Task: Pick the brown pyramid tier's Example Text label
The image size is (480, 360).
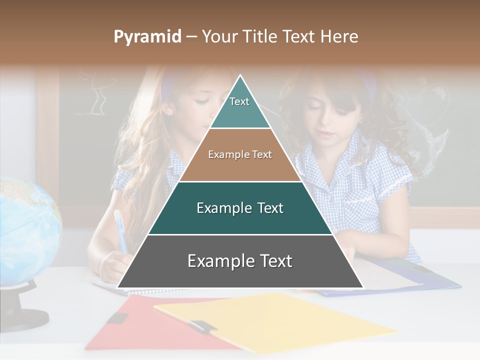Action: (240, 155)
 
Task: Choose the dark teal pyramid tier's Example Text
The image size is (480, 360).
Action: (240, 208)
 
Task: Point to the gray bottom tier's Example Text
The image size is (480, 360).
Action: (240, 261)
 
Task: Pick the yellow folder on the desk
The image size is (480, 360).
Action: (280, 320)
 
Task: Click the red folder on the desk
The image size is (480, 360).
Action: (135, 325)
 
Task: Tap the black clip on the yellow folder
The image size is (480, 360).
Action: (202, 327)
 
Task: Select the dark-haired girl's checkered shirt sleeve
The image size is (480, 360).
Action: (392, 170)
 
